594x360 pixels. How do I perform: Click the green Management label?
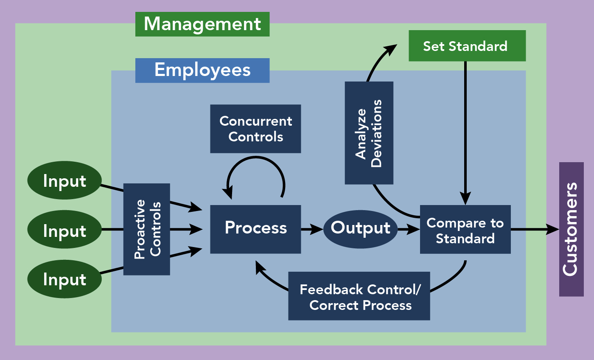(x=202, y=24)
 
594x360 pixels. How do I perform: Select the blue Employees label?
(x=202, y=70)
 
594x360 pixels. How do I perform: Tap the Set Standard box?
(x=467, y=46)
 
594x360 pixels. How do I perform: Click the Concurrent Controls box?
(x=255, y=129)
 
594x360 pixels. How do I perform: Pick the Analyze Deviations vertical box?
(x=369, y=133)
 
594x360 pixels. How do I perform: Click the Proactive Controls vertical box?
(x=147, y=229)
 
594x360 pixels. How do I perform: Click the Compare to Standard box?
(x=465, y=229)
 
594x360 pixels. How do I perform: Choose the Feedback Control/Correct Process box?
(x=359, y=296)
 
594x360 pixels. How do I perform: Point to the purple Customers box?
(x=571, y=229)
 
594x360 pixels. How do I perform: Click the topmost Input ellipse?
(x=64, y=181)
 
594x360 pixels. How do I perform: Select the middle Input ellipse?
(x=64, y=230)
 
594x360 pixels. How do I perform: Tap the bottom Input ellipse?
(x=64, y=279)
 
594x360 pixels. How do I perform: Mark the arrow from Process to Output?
(x=312, y=229)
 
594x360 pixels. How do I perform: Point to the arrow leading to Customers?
(x=535, y=230)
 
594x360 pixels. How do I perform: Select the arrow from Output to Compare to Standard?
(x=408, y=230)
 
